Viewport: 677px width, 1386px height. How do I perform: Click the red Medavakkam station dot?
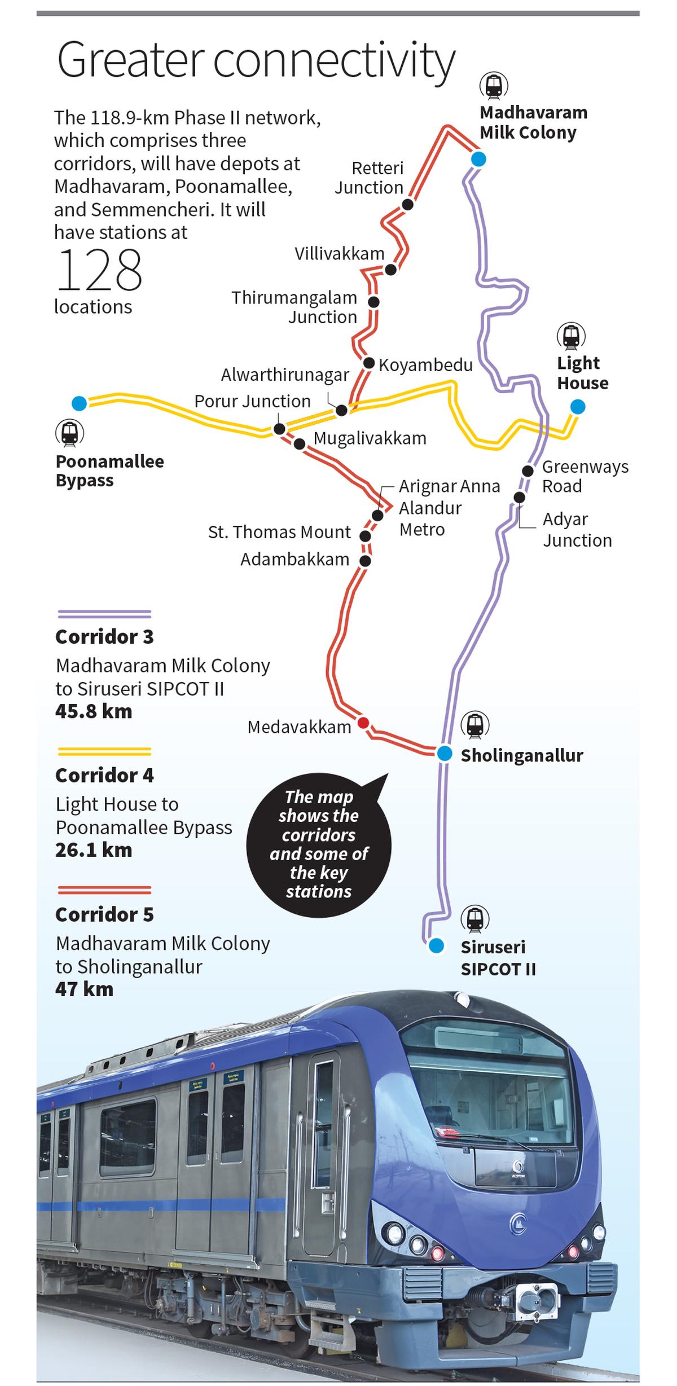[x=364, y=723]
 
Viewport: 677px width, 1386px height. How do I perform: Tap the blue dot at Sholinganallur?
[x=445, y=753]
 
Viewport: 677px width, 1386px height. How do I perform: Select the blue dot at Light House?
[x=577, y=406]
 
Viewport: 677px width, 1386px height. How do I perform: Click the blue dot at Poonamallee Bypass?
[x=80, y=403]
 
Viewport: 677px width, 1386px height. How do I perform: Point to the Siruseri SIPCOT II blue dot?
[x=436, y=946]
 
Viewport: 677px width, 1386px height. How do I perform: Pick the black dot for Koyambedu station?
[x=369, y=363]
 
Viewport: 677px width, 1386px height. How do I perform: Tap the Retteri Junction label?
[x=369, y=178]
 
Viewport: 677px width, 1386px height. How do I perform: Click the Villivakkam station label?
[x=339, y=254]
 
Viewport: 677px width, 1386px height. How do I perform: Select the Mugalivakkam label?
[x=370, y=438]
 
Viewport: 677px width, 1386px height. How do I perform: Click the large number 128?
[x=99, y=270]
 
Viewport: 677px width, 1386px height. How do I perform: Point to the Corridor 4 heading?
[x=104, y=775]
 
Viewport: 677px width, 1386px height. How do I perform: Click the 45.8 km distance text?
[x=94, y=711]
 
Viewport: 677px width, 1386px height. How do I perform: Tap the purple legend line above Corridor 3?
[x=104, y=614]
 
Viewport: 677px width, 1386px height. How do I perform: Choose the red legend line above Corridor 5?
[x=104, y=890]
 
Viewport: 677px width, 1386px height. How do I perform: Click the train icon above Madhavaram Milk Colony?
[x=494, y=86]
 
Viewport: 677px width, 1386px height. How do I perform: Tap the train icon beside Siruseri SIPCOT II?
[x=474, y=919]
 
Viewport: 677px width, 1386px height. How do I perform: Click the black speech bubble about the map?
[x=319, y=844]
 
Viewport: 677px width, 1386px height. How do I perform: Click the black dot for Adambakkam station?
[x=366, y=561]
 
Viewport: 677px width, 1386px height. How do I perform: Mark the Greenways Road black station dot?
[x=528, y=470]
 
